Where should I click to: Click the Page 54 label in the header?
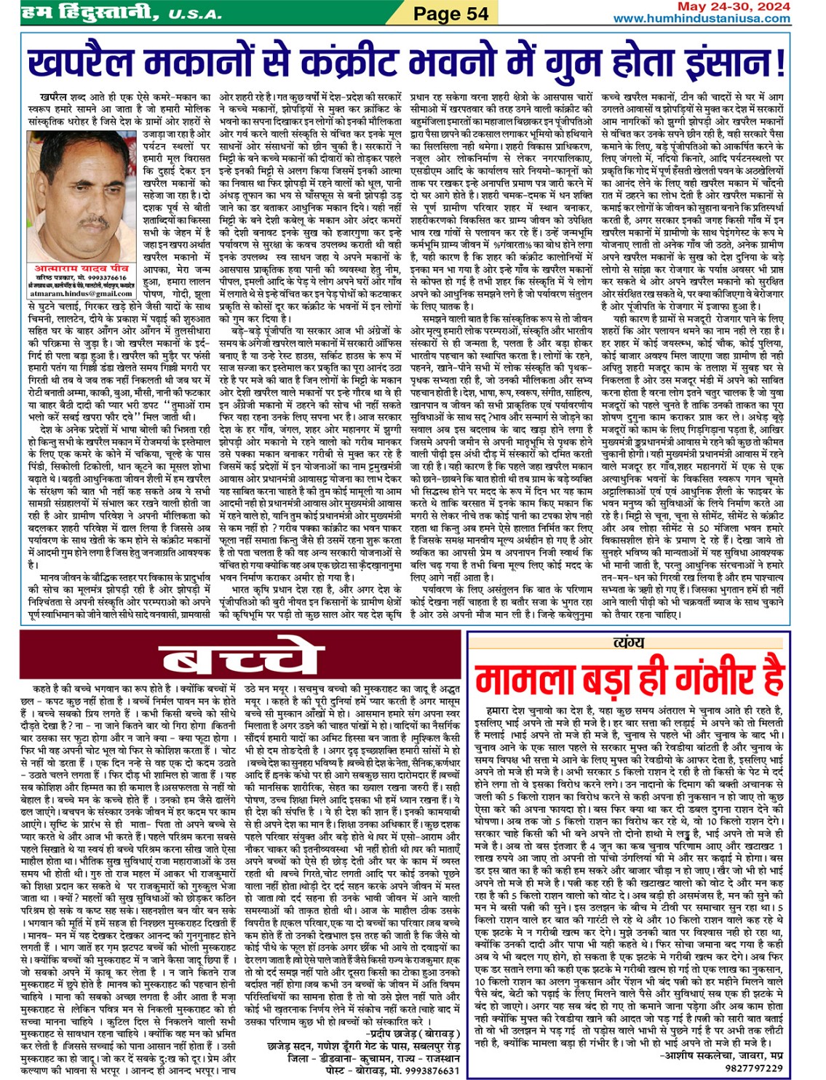coord(450,13)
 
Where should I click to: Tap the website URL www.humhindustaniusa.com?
coord(702,18)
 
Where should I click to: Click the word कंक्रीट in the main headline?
coord(349,63)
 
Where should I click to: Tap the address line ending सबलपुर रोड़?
coord(364,1046)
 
